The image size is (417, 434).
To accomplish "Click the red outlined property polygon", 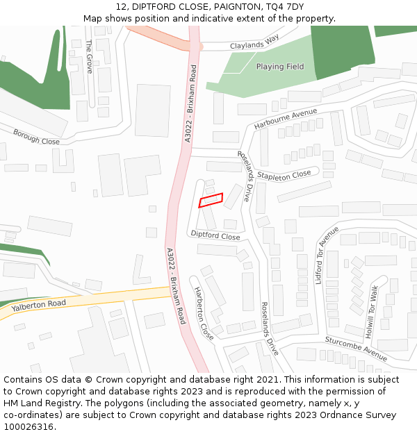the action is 211,200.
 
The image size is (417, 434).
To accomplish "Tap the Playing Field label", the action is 280,67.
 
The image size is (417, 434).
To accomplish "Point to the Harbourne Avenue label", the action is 285,119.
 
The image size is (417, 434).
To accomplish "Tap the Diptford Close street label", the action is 215,235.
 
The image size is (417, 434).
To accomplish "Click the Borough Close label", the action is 36,136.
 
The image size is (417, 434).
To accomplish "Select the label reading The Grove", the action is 89,56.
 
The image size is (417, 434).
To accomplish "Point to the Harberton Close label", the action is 204,312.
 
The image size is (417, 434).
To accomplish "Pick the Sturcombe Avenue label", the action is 356,349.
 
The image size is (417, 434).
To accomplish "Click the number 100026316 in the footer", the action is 30,426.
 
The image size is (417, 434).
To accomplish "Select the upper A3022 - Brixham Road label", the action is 188,103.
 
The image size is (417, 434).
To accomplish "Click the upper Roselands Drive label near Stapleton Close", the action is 244,176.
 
